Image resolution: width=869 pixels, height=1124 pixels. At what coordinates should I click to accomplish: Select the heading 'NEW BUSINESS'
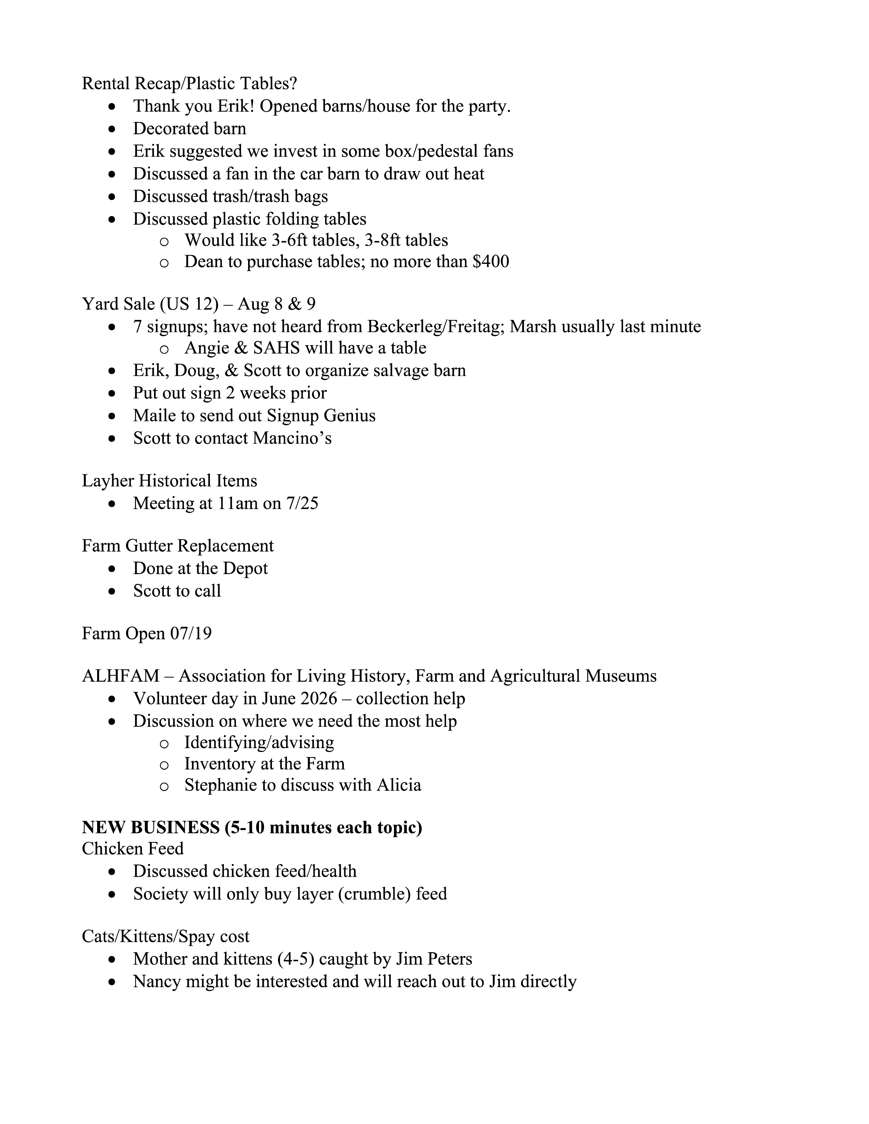150,828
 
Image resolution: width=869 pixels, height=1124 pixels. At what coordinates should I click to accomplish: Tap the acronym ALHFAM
120,676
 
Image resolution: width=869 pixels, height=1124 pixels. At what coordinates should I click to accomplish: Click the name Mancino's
292,438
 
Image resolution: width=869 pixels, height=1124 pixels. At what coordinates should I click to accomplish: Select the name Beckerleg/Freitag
434,326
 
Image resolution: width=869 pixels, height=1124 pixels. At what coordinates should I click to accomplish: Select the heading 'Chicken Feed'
133,848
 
